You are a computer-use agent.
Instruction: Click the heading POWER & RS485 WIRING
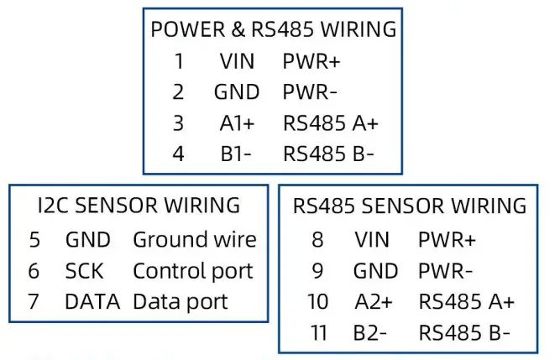click(273, 29)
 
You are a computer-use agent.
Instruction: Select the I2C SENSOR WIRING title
click(139, 205)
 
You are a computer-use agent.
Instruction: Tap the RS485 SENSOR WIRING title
click(410, 206)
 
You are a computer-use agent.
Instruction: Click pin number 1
click(178, 61)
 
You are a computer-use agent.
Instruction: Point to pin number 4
click(178, 154)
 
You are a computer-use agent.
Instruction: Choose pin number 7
click(34, 301)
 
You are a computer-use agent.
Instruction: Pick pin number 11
click(318, 332)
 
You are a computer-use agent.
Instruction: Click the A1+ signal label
click(237, 123)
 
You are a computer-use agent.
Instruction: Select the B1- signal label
click(237, 154)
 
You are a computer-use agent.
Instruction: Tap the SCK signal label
click(84, 271)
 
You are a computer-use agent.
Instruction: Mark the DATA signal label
click(92, 301)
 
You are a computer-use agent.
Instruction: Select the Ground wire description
click(194, 240)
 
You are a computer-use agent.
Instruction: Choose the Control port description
click(192, 271)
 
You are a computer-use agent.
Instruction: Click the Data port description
click(181, 301)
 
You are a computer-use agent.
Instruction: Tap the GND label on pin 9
click(375, 271)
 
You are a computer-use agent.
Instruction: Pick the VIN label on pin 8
click(372, 240)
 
